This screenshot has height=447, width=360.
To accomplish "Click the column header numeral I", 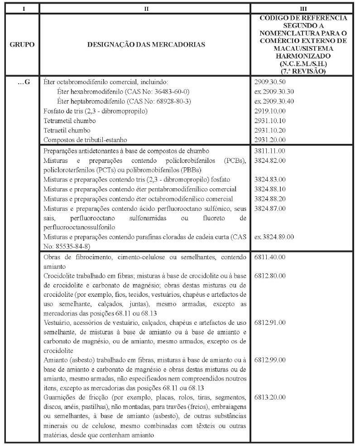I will point(22,8).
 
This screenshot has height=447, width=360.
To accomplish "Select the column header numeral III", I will point(304,8).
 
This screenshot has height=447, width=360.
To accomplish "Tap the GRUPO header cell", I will point(22,45).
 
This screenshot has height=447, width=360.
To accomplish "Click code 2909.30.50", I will point(270,82).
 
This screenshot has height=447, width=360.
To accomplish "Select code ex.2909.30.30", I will point(274,92).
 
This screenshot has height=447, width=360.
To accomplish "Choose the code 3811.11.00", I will point(270,151).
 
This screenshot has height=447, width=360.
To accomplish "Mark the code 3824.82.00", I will point(270,161).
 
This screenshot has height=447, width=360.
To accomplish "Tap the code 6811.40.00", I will point(270,257).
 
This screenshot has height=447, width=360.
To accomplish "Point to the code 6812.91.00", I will point(270,323).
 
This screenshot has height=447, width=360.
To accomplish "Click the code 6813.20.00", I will point(270,397).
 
